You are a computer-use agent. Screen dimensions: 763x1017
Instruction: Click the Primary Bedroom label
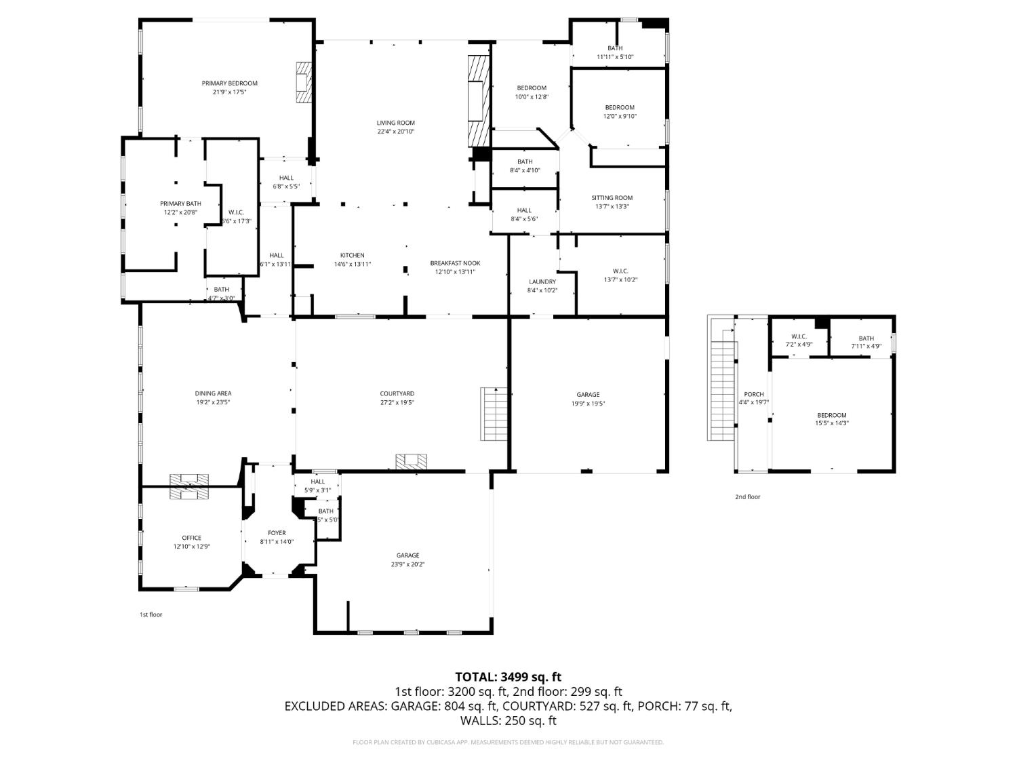click(229, 83)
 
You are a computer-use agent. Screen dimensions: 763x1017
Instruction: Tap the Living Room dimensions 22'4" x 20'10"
click(395, 132)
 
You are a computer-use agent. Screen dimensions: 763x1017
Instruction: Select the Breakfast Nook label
click(455, 263)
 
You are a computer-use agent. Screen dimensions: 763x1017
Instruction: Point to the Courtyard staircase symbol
click(494, 414)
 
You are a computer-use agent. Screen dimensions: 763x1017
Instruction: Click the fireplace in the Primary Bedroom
click(303, 82)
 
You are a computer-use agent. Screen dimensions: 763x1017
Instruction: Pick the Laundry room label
click(542, 281)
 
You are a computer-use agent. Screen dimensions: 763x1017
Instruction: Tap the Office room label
click(191, 538)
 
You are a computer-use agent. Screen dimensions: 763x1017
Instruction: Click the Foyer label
click(277, 533)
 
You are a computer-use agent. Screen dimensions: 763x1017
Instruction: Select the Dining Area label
click(213, 393)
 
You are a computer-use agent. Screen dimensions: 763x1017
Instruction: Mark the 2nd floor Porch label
click(753, 394)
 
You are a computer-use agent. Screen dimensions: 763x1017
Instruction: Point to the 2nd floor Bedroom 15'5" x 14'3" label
click(831, 415)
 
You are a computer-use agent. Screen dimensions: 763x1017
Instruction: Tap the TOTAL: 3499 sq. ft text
click(508, 677)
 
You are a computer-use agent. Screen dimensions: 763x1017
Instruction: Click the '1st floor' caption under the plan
click(151, 614)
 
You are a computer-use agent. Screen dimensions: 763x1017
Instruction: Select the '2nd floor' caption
click(747, 496)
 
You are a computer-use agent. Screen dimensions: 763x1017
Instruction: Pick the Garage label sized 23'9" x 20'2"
click(407, 555)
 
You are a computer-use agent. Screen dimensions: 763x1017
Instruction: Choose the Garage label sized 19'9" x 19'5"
click(588, 395)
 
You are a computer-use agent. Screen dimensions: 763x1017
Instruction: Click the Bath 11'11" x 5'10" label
click(615, 48)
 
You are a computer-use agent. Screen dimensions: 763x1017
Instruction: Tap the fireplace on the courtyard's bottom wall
click(412, 462)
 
